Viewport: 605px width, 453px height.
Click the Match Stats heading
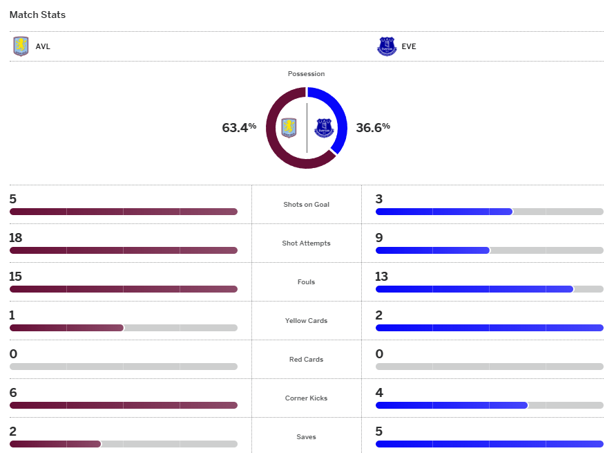[37, 15]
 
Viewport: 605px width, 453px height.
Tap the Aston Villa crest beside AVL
[21, 47]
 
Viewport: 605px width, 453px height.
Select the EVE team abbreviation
[409, 47]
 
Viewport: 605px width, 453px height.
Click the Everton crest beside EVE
[387, 47]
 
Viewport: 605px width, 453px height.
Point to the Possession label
[306, 74]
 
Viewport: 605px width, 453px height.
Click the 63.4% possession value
[239, 127]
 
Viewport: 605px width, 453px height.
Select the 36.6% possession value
[373, 127]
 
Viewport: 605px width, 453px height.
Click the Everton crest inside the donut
[324, 127]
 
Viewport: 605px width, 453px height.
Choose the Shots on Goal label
[306, 205]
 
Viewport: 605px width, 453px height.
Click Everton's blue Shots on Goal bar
[444, 212]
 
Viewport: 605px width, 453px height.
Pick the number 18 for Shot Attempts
[16, 238]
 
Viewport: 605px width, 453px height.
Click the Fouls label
[306, 282]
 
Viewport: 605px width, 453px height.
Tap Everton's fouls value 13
[382, 277]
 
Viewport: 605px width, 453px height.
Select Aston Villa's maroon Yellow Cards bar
[66, 328]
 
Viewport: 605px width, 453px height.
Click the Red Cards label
[306, 360]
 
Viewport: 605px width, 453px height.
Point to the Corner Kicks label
[306, 398]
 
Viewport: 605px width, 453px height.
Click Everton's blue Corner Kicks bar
[452, 405]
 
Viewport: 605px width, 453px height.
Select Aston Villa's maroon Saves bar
[55, 444]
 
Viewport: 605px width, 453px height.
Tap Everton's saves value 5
[379, 432]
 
